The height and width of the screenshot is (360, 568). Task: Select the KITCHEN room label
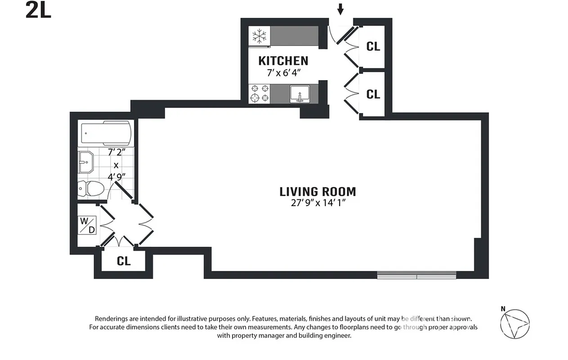click(x=283, y=61)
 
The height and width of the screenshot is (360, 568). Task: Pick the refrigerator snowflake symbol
click(x=259, y=36)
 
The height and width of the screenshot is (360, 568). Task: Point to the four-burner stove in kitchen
click(x=259, y=93)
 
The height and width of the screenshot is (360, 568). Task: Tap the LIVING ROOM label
click(x=318, y=192)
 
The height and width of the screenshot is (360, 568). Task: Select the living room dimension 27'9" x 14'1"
click(x=318, y=203)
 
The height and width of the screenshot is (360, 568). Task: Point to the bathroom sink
click(x=85, y=162)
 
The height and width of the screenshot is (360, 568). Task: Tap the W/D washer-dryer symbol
click(x=88, y=225)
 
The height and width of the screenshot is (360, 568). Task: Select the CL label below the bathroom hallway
click(x=124, y=261)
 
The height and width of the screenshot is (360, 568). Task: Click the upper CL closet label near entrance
click(x=373, y=46)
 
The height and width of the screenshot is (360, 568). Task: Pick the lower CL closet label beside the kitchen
click(x=373, y=94)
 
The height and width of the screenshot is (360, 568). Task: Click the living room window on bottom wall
click(x=416, y=275)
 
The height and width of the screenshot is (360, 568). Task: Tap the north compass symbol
click(x=515, y=324)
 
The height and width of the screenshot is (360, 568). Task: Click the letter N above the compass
click(x=503, y=309)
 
